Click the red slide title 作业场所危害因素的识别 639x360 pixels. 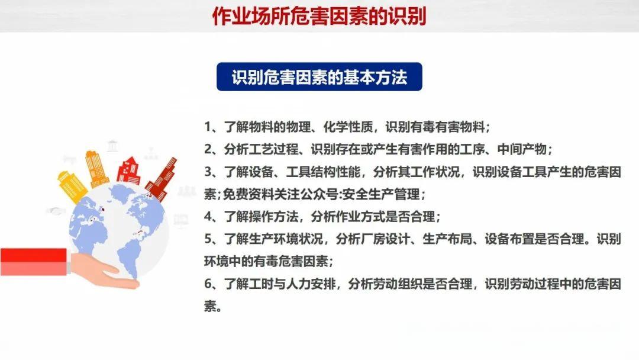pos(319,16)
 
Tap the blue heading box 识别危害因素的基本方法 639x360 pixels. pos(319,77)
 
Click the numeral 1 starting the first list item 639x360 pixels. pos(208,127)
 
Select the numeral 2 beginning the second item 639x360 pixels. pos(208,149)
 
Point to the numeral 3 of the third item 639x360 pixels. pos(208,172)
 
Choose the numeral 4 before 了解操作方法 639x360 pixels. pos(208,217)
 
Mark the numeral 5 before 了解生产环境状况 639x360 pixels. pos(208,239)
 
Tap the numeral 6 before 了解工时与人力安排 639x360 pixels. pos(208,285)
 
